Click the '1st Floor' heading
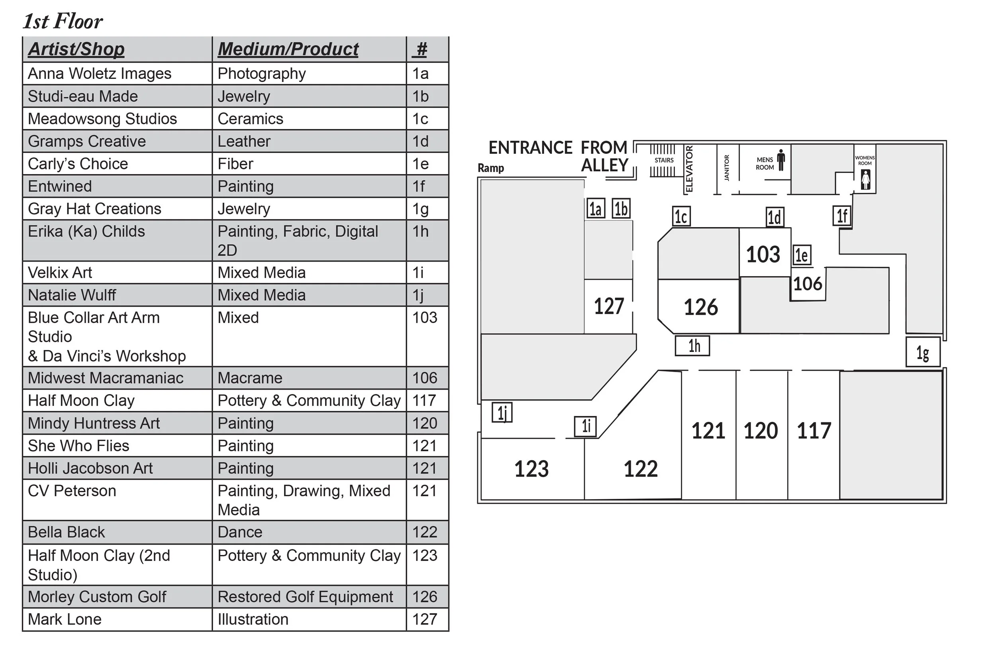(x=63, y=22)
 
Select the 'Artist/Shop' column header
(x=76, y=49)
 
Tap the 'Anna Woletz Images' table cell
(x=100, y=74)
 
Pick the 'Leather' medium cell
(x=244, y=141)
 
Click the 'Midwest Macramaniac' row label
(x=106, y=379)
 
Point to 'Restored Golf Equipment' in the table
(x=305, y=597)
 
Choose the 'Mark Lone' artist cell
(x=65, y=620)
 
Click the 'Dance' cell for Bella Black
(x=240, y=533)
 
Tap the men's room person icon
(x=780, y=160)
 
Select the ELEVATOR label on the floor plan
(x=689, y=169)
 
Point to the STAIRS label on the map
(x=664, y=161)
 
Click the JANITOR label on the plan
(x=727, y=168)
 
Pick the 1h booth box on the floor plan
(x=692, y=346)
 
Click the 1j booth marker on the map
(x=502, y=413)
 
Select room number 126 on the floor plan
(x=701, y=307)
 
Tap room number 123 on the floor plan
(x=531, y=469)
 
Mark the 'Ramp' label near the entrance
(x=491, y=169)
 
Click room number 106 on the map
(x=808, y=284)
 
